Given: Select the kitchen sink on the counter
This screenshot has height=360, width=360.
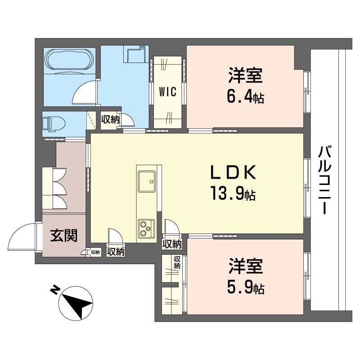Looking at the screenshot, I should click(146, 182).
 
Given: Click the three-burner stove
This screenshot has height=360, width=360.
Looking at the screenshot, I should click(146, 228).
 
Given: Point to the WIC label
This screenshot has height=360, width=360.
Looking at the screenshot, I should click(167, 91).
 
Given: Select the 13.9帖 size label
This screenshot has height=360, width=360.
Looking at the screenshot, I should click(232, 193).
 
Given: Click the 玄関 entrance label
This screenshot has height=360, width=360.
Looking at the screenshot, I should click(63, 235).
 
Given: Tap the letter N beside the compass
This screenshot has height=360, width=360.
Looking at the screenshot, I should click(54, 289).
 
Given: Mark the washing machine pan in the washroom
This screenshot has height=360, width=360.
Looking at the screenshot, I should click(135, 56).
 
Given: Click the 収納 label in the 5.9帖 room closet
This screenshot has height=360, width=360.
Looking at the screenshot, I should click(177, 262).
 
